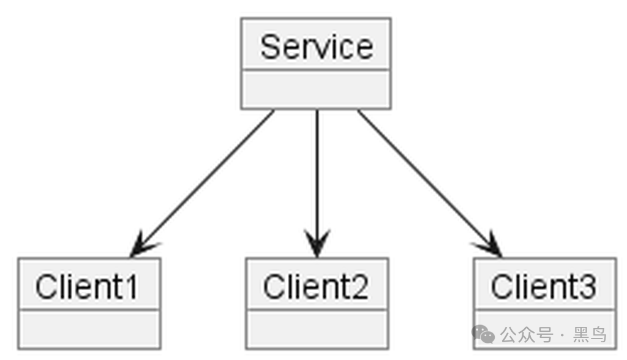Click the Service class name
(317, 47)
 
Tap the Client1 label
(87, 287)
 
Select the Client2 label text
(315, 287)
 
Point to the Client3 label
(544, 287)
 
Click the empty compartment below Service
(316, 89)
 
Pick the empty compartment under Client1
(89, 329)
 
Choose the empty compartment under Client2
(317, 329)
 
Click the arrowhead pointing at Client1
(143, 244)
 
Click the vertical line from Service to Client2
(317, 183)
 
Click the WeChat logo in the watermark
(483, 334)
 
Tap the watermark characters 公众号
(527, 335)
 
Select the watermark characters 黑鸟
(590, 335)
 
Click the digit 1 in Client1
(132, 287)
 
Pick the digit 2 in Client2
(359, 287)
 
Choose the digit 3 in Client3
(587, 287)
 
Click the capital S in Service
(270, 47)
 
